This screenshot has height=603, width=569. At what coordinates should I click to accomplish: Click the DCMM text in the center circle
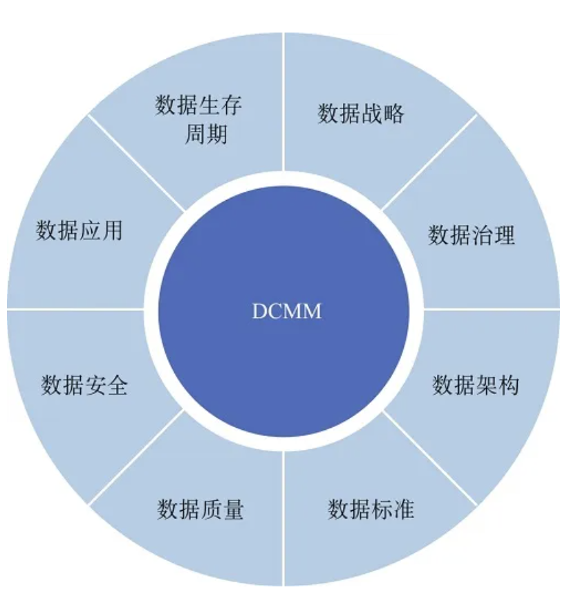coord(286,311)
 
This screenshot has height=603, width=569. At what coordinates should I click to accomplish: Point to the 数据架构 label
coord(476,384)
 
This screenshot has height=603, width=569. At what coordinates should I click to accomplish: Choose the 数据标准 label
coord(371,510)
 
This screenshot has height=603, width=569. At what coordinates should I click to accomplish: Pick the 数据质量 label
coord(200,510)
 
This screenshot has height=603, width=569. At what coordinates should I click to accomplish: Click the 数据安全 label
coord(84,384)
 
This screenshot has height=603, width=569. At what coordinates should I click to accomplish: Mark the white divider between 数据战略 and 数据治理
coord(429,163)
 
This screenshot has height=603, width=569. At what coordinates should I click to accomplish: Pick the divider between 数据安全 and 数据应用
coord(76,308)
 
